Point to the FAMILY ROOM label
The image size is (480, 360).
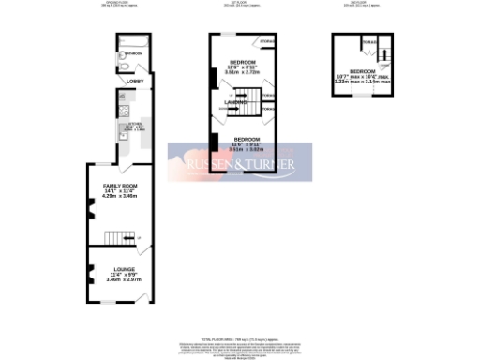(120, 187)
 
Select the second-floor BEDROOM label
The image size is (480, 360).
(362, 71)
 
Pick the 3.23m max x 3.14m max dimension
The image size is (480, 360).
(362, 82)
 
